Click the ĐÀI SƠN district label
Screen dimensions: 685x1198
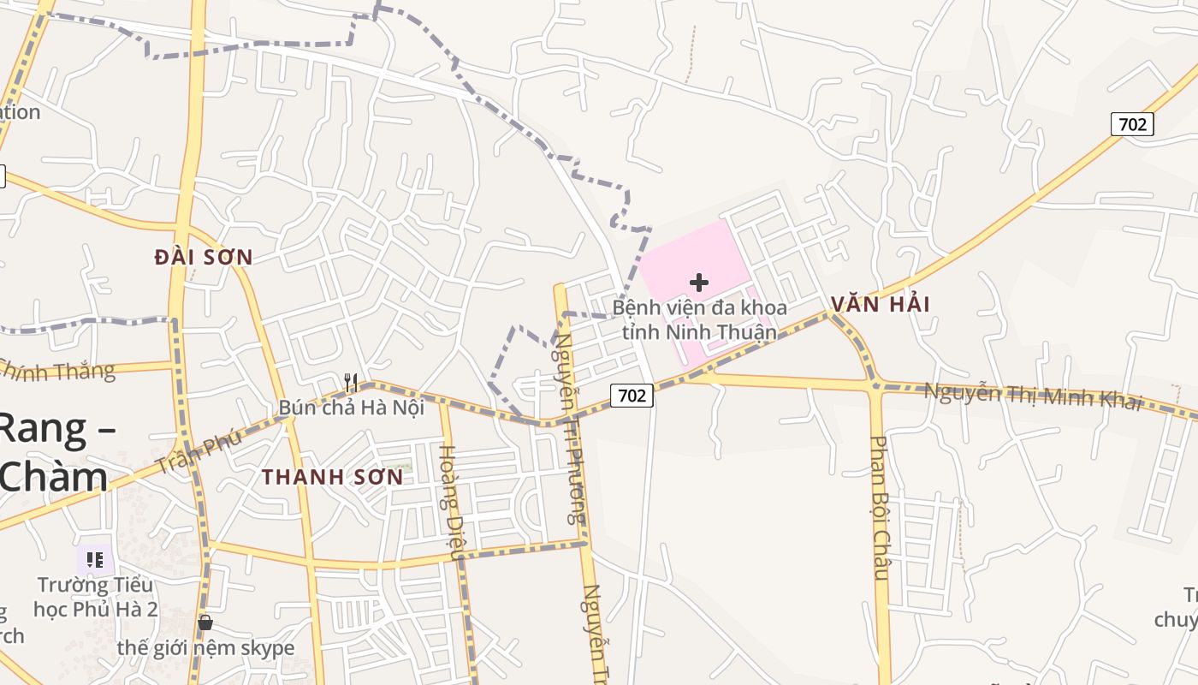[x=204, y=257]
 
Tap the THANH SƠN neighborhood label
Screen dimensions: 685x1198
[x=332, y=477]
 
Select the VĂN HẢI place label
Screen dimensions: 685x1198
[x=880, y=304]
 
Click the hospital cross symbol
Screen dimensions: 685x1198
[x=699, y=282]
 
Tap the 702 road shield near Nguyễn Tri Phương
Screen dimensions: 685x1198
[x=632, y=395]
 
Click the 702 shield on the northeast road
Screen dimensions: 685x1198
[x=1132, y=124]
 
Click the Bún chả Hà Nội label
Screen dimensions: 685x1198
[x=352, y=408]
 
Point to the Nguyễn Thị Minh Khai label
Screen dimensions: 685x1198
[x=1034, y=396]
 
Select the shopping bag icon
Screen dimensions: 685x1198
[x=205, y=622]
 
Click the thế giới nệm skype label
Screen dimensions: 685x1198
[x=205, y=648]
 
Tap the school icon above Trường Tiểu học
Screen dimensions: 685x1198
[x=95, y=560]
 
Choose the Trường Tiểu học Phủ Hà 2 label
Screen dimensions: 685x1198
[x=96, y=597]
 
